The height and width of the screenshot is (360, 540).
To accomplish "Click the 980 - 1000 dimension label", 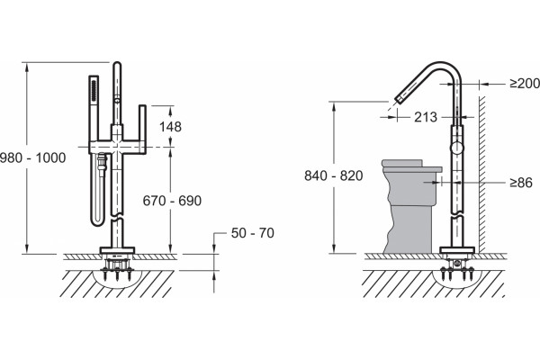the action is point(33,157).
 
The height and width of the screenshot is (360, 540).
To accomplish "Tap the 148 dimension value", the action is point(170,127).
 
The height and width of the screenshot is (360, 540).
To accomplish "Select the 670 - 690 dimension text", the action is point(172,201).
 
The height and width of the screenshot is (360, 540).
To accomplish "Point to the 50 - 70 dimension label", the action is point(252,233).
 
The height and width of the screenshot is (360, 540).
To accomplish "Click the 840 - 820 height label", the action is point(333,175).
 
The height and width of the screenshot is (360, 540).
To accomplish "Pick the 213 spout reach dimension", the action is point(426,117).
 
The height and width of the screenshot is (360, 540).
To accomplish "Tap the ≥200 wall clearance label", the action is point(525,83).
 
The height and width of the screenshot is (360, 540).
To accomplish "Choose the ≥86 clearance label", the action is point(521,182).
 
